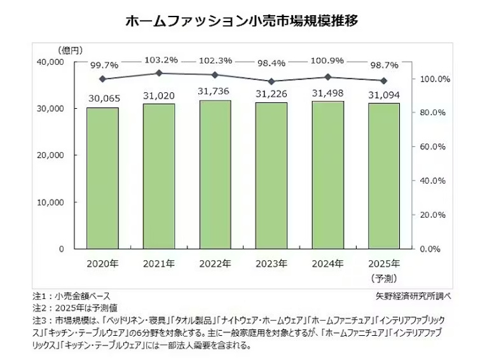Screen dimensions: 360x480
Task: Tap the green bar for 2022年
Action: point(215,174)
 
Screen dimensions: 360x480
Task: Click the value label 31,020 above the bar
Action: point(159,95)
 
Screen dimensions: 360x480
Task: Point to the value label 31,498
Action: point(328,93)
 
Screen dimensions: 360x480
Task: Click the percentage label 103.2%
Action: point(159,59)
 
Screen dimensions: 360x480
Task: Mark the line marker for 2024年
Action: point(328,77)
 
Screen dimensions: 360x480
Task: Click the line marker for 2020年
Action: point(102,79)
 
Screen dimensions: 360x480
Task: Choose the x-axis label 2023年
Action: point(271,263)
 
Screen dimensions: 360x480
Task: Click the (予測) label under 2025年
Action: point(384,278)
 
